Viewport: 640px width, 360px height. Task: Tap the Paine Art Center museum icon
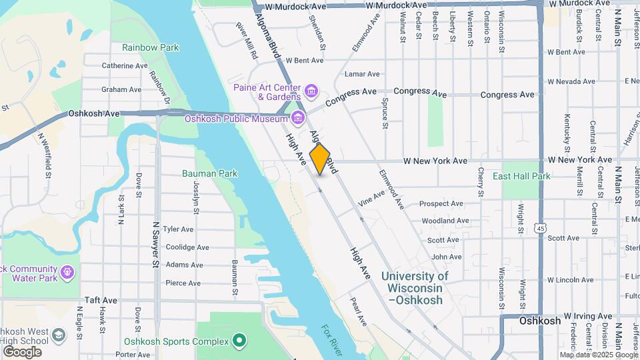(311, 89)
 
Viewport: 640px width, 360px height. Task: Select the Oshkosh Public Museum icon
(297, 119)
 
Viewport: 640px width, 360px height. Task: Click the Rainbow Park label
(151, 48)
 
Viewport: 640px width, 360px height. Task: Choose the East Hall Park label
(521, 177)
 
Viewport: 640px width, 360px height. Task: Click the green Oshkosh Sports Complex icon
(239, 341)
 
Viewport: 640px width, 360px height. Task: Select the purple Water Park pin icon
(66, 272)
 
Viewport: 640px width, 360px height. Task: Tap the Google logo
(22, 351)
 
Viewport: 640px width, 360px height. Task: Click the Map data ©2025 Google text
(598, 355)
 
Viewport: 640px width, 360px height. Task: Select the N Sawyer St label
(156, 245)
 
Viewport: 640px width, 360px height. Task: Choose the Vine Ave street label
(371, 199)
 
